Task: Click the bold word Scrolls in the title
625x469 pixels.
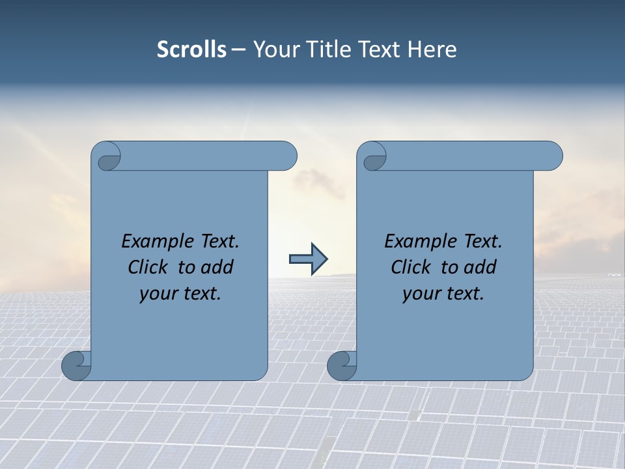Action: [x=191, y=50]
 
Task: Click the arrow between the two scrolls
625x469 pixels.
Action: [x=308, y=259]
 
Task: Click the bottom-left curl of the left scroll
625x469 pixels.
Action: [x=76, y=365]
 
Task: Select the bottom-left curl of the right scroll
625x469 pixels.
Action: [x=341, y=365]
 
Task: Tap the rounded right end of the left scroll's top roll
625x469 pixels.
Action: [x=286, y=156]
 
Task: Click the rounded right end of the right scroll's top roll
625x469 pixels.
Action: [x=552, y=156]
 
